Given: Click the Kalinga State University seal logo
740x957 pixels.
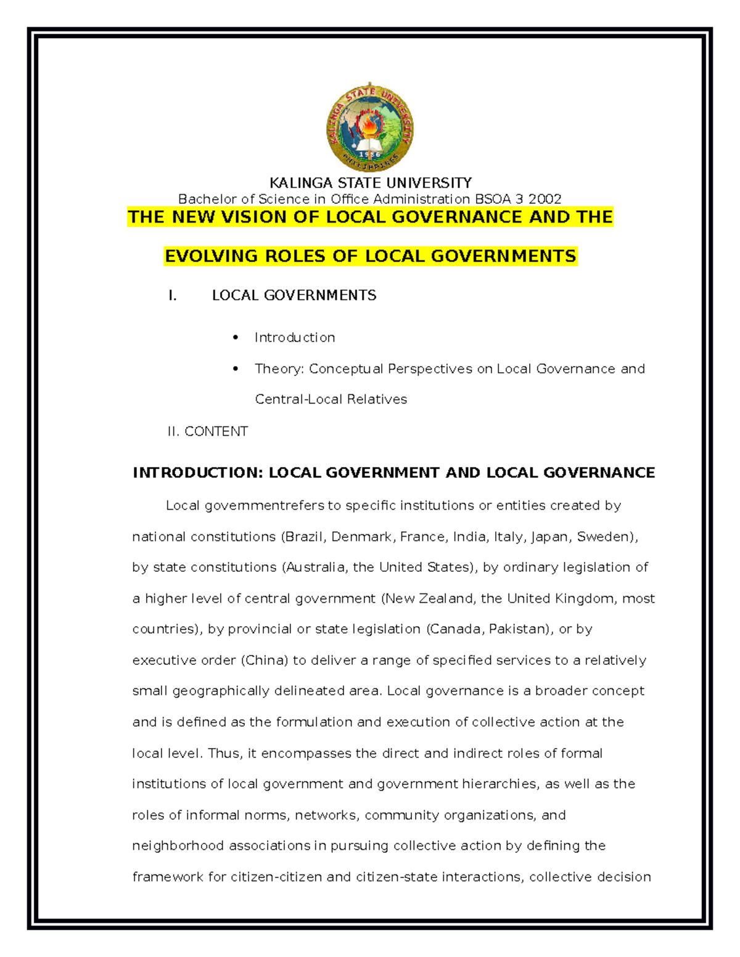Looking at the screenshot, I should coord(369,128).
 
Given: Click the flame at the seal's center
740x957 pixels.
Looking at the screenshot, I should coord(369,126).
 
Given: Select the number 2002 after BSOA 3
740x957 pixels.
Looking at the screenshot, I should coord(545,199).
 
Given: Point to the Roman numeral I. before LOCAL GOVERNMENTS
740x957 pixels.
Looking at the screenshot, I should coord(173,295).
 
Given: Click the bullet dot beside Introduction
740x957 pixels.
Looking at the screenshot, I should coord(236,337).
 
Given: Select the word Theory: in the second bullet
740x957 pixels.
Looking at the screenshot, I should coord(279,369).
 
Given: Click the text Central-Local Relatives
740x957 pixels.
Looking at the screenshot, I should coord(331,399).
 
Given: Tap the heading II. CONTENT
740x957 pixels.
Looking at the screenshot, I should coord(207,431).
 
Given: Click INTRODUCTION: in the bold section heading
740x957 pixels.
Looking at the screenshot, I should coord(198,473).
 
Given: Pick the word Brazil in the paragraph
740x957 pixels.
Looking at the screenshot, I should coord(305,537).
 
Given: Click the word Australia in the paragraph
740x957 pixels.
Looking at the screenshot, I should coord(315,568).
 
